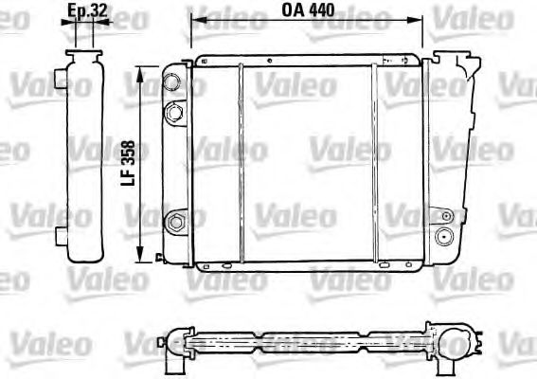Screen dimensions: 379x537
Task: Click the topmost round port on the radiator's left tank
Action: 172,81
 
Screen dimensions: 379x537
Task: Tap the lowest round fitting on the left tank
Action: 175,224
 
